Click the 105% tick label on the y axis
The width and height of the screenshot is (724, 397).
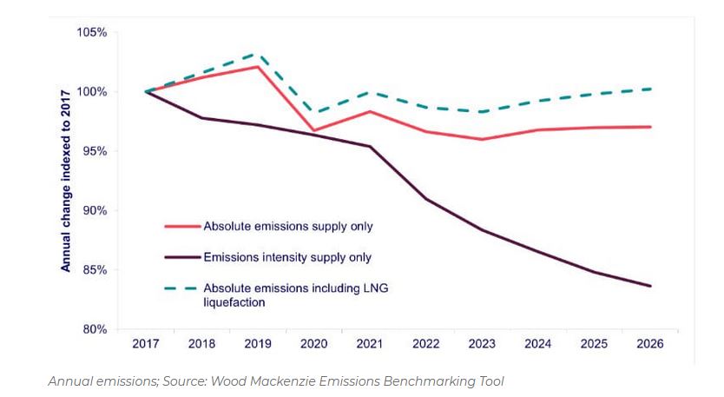tap(92, 32)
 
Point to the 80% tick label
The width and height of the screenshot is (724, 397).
tap(95, 329)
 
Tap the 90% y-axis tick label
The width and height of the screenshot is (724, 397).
tap(95, 210)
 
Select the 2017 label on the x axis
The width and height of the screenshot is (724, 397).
tap(146, 344)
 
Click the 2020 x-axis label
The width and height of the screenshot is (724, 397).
tap(313, 344)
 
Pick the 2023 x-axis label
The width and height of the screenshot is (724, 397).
tap(482, 344)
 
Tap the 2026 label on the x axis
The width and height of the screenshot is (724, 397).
tap(649, 344)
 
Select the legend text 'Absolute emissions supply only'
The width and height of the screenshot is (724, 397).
tap(287, 227)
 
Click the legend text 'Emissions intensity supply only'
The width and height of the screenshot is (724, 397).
tap(287, 257)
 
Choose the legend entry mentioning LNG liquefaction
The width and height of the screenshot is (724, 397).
tap(295, 294)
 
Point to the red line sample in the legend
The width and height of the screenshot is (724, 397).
tap(182, 227)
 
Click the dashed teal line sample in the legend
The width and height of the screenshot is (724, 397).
tap(182, 288)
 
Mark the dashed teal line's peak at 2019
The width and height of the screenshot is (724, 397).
tap(258, 54)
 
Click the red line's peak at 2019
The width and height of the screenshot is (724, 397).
tap(258, 67)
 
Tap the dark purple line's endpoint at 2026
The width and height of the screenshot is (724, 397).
tap(650, 286)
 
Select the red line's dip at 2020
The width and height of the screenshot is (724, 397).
tap(313, 130)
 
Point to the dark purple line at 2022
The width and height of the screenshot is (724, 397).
tap(425, 199)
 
